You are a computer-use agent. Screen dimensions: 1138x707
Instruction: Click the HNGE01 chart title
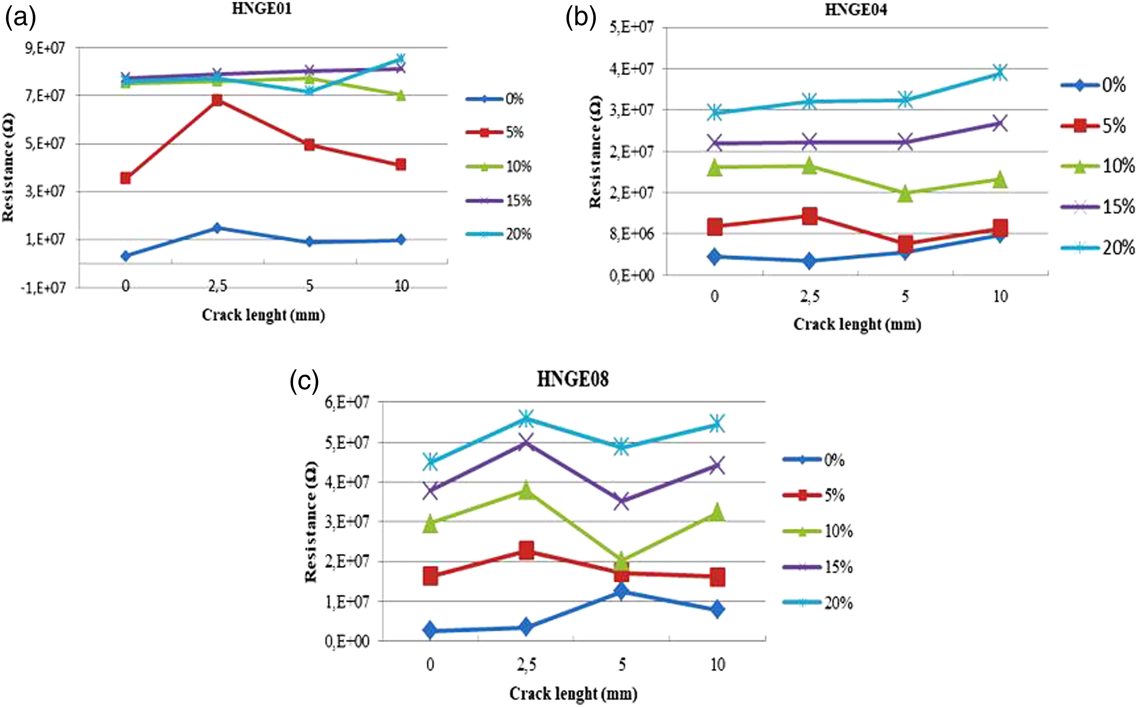(262, 9)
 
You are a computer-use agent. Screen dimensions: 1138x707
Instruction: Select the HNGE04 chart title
(856, 9)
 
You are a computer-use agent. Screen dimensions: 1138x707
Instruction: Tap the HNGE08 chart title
(572, 379)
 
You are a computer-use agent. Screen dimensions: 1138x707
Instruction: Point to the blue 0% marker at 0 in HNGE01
(125, 256)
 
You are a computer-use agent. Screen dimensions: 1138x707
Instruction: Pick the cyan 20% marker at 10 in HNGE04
(1000, 72)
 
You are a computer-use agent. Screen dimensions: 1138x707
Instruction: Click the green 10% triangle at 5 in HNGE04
(905, 193)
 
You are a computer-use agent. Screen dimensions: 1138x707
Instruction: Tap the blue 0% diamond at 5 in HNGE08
(621, 591)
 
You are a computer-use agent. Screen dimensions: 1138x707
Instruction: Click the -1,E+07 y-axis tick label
(43, 287)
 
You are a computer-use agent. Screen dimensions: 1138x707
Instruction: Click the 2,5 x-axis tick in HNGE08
(526, 664)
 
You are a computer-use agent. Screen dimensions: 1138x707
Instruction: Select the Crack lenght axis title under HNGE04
(857, 325)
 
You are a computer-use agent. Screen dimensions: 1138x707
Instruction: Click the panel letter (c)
(304, 381)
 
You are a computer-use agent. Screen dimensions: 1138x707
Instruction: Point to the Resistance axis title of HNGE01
(8, 168)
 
